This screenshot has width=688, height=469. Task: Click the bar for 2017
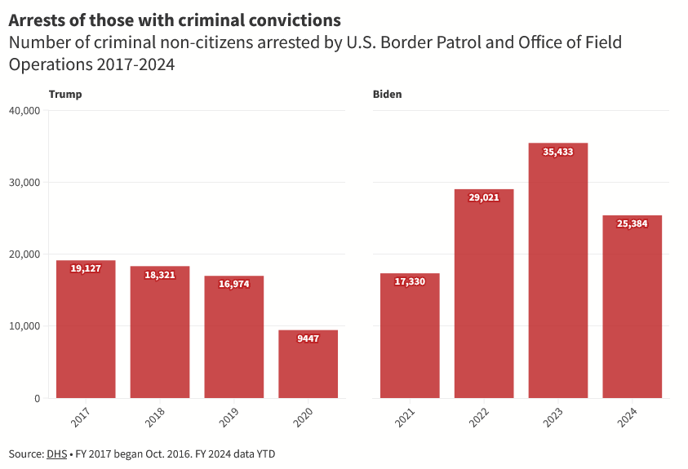pyautogui.click(x=86, y=330)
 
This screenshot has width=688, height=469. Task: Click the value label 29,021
pyautogui.click(x=484, y=197)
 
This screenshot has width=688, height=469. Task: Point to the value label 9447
pyautogui.click(x=308, y=338)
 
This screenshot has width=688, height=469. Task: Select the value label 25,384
pyautogui.click(x=633, y=223)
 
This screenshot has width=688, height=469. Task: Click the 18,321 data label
pyautogui.click(x=160, y=275)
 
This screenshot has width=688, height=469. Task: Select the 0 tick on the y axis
pyautogui.click(x=38, y=398)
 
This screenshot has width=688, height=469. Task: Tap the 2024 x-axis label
pyautogui.click(x=628, y=417)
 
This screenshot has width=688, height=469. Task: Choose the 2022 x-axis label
pyautogui.click(x=479, y=417)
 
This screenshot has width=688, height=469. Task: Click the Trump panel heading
pyautogui.click(x=65, y=95)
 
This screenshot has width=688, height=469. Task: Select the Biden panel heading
pyautogui.click(x=388, y=95)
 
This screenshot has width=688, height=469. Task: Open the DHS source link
pyautogui.click(x=57, y=454)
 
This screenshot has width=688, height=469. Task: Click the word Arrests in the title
pyautogui.click(x=38, y=19)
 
